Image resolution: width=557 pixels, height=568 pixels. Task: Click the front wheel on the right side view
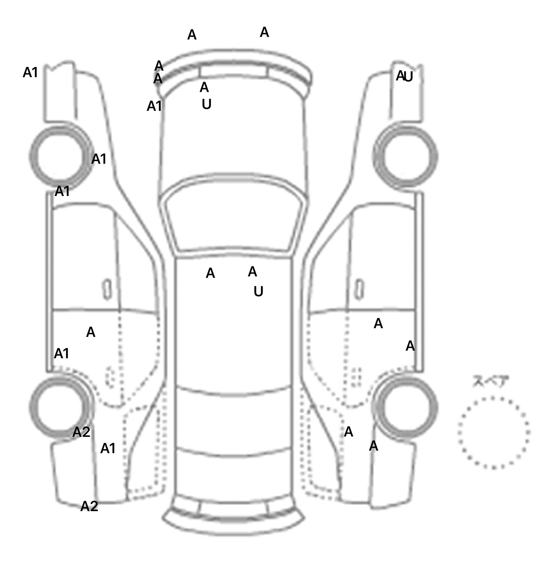(405, 156)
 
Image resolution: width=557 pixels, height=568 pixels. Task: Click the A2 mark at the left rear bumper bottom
(89, 506)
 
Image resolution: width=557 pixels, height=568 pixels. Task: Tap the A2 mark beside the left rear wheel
(81, 432)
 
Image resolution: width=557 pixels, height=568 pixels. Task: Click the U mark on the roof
(258, 291)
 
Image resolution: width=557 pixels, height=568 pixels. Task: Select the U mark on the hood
(206, 104)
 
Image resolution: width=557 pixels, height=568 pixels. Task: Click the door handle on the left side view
(107, 289)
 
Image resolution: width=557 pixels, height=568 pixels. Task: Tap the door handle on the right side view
(359, 289)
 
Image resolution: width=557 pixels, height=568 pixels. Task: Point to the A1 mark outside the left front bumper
(30, 72)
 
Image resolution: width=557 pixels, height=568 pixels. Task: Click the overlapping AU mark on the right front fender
(404, 76)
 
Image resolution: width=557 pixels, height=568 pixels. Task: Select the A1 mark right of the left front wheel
(99, 159)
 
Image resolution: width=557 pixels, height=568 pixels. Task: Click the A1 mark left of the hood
(154, 106)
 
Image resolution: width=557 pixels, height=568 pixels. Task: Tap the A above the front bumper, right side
(264, 33)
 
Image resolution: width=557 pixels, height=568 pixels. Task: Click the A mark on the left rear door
(91, 332)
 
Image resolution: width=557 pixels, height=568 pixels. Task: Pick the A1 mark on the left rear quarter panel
(108, 448)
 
